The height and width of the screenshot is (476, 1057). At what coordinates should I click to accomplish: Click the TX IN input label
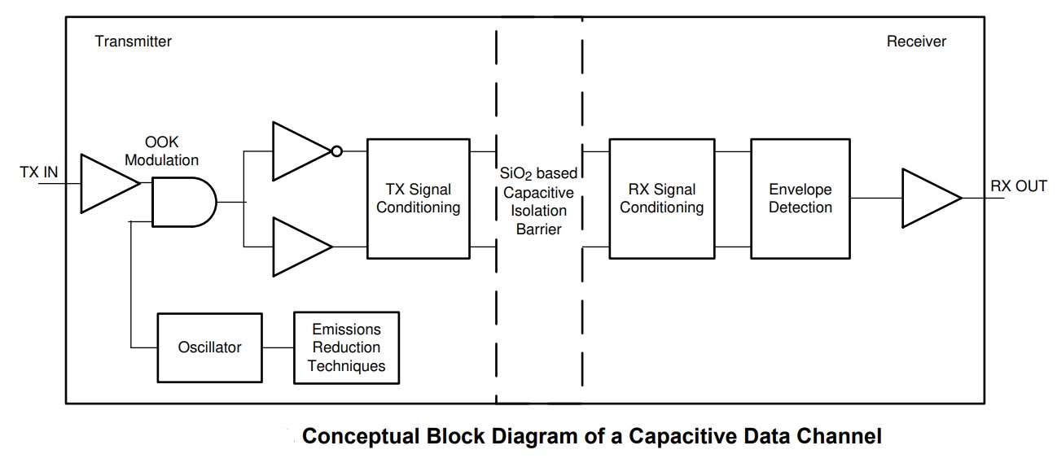tap(39, 172)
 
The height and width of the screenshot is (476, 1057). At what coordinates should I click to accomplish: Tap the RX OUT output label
tap(1018, 186)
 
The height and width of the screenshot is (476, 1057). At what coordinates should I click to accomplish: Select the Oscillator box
tap(209, 347)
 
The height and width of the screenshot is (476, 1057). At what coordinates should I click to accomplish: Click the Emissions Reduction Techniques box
tap(346, 347)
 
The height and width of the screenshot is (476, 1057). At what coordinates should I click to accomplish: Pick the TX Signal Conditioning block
tap(418, 199)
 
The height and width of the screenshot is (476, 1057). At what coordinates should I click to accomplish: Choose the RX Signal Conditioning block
tap(661, 199)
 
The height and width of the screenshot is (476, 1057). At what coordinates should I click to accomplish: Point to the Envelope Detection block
tap(800, 199)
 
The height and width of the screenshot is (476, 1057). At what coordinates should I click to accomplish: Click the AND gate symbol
tap(184, 202)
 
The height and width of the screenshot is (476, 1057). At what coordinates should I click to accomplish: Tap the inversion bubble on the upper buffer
tap(336, 151)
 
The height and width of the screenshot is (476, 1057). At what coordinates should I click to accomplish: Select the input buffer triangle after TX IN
tap(109, 183)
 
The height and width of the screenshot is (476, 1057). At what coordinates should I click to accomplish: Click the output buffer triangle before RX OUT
tap(931, 198)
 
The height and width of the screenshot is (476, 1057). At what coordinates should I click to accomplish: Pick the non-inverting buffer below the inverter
tap(302, 247)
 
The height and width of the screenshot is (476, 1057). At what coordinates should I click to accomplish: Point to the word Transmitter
tap(133, 41)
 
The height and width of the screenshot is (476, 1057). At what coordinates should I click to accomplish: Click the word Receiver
tap(916, 41)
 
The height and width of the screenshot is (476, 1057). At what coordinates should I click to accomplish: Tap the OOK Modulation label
tap(161, 151)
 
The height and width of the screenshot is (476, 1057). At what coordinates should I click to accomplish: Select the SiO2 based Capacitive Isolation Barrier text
tap(538, 201)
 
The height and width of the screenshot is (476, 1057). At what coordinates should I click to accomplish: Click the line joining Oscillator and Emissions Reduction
tap(278, 347)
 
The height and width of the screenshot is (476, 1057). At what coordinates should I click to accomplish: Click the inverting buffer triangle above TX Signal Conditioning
tap(302, 151)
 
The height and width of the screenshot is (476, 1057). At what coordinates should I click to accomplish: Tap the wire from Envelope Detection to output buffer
tap(876, 198)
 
